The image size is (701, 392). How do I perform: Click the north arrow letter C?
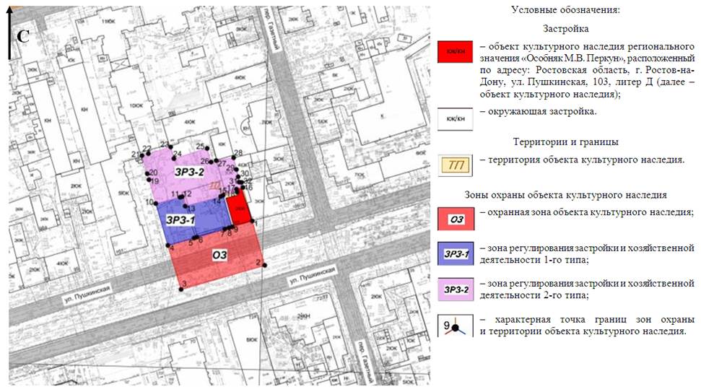pos(22,35)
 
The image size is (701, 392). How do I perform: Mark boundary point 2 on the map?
pos(265,265)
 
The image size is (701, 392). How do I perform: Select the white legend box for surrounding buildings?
pos(455,118)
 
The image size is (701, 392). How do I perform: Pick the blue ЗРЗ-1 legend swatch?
pos(455,253)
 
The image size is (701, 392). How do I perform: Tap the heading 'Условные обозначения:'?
pos(565,10)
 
